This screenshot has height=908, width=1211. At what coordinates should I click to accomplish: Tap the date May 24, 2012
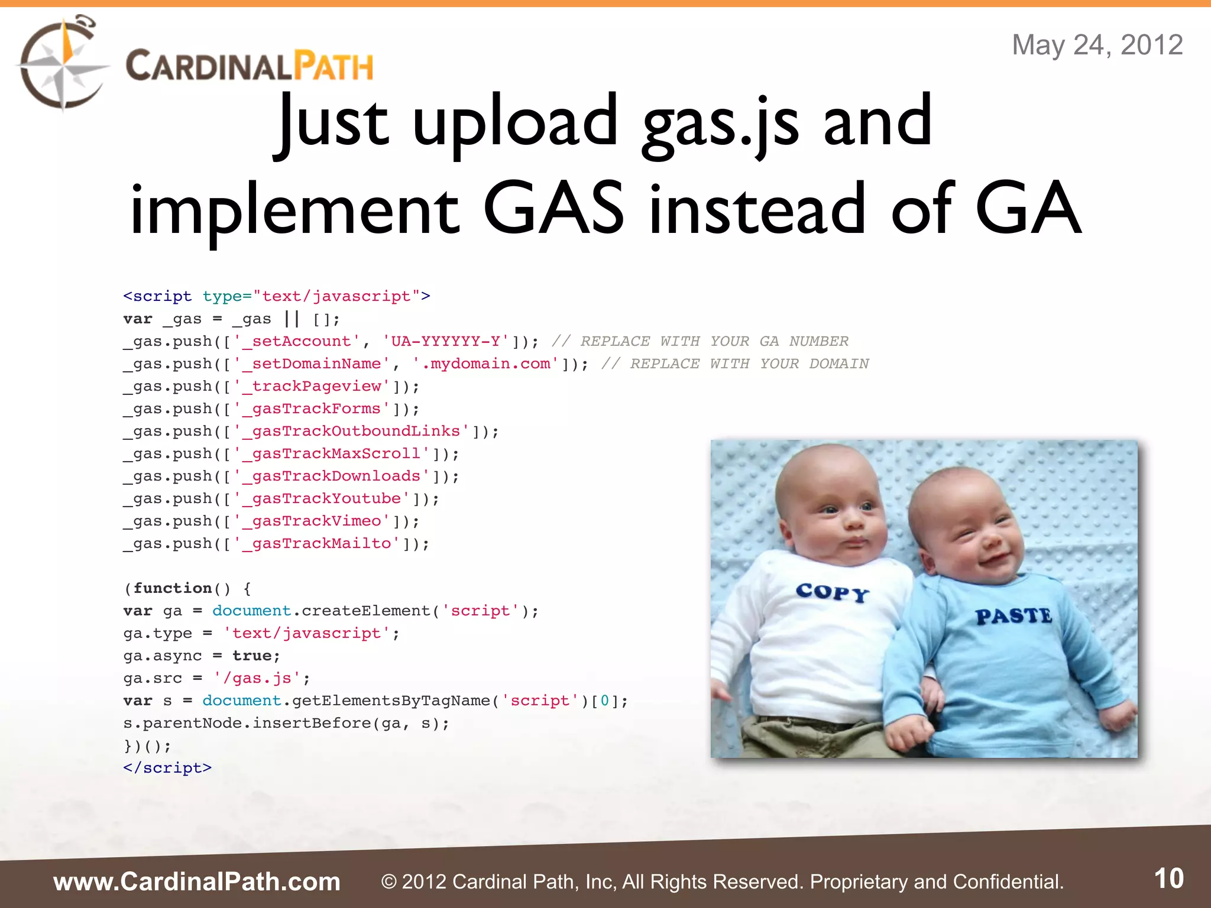click(x=1097, y=45)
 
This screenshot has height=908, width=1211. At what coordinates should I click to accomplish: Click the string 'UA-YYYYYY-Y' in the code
click(x=446, y=342)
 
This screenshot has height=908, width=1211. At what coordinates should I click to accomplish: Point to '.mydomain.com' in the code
click(x=485, y=364)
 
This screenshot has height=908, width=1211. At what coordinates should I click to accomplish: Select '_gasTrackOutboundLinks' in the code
click(x=351, y=432)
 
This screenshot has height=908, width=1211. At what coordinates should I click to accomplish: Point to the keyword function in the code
click(x=173, y=588)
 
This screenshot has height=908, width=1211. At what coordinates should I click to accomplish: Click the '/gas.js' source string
click(x=257, y=678)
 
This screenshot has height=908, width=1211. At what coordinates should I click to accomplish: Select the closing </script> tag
click(x=167, y=768)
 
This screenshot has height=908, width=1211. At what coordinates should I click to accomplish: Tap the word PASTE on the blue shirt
click(x=1014, y=616)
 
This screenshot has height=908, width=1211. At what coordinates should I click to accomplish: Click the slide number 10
click(x=1168, y=879)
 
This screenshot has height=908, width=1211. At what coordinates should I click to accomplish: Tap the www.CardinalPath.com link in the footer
click(x=197, y=882)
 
